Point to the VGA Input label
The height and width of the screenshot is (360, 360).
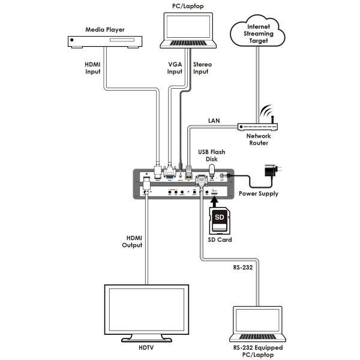(174, 67)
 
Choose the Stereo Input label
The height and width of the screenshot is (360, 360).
(201, 67)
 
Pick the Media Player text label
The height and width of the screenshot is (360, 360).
(104, 28)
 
